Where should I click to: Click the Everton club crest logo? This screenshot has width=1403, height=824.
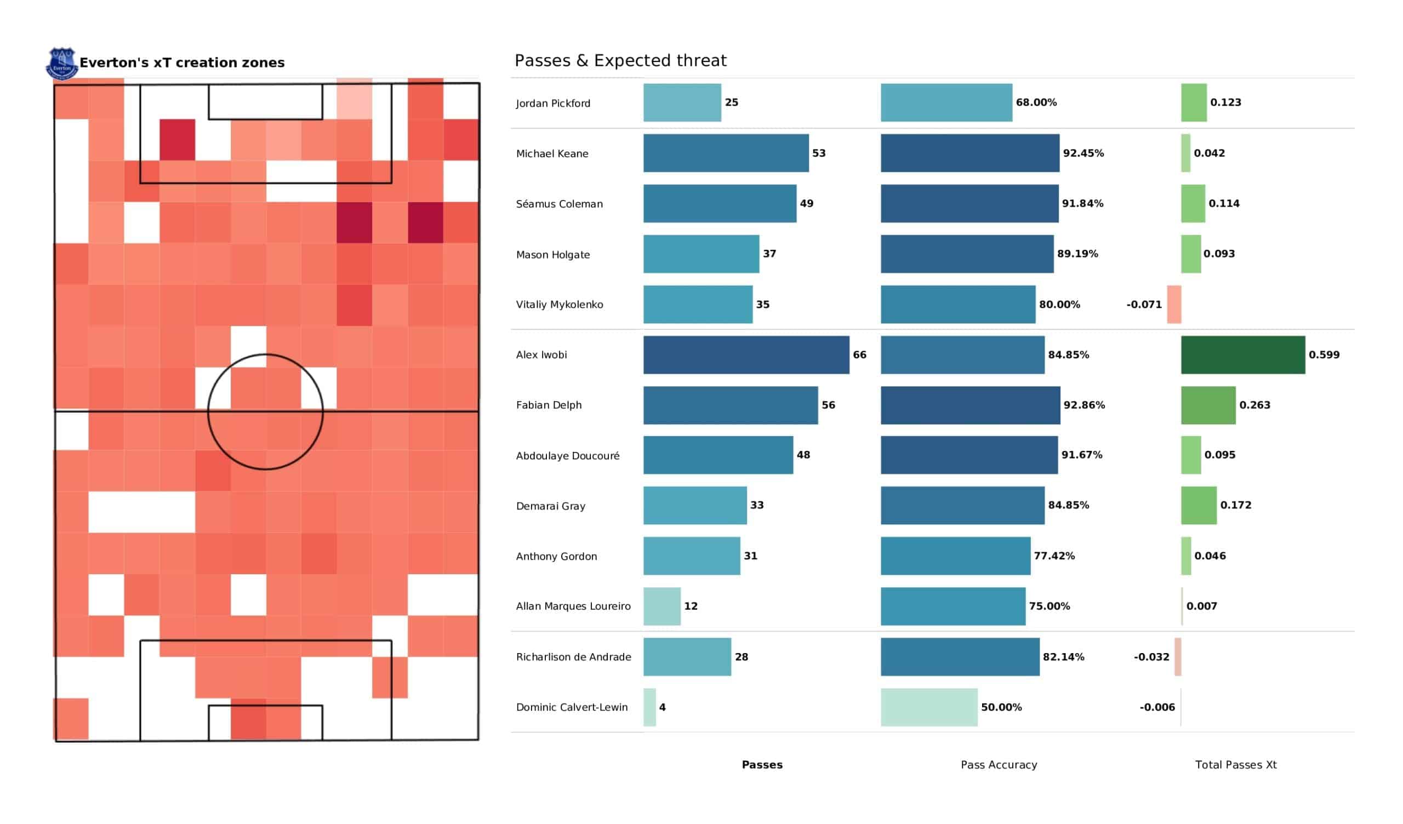(61, 63)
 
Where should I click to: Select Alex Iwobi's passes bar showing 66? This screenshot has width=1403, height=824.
(746, 354)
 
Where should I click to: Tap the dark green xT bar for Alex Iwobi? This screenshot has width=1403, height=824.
(1242, 354)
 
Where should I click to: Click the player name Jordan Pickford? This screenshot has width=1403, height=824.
(553, 104)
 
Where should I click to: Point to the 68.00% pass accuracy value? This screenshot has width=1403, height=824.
(1036, 102)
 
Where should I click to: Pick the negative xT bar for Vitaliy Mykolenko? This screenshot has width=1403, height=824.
(1173, 305)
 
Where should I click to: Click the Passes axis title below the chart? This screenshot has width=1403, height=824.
(762, 765)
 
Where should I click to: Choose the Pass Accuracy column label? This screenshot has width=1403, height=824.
(999, 765)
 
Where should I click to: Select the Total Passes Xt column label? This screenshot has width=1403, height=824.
(1235, 765)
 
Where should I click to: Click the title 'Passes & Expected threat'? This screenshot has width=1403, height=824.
(620, 61)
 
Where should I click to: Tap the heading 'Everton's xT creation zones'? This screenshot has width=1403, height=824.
(181, 63)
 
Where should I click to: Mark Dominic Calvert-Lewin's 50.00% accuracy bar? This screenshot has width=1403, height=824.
(928, 707)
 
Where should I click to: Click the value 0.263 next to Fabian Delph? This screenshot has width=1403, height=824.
(1254, 405)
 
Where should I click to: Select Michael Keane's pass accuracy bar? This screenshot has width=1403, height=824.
(970, 153)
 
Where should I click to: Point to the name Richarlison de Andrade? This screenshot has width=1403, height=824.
(573, 657)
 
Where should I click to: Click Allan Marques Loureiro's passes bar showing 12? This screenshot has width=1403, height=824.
(662, 606)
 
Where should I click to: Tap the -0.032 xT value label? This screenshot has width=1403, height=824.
(1151, 657)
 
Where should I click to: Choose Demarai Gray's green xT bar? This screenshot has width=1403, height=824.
(1199, 506)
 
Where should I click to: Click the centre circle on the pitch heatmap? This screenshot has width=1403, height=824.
(266, 412)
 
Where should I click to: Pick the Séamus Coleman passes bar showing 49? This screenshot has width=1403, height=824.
(720, 204)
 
